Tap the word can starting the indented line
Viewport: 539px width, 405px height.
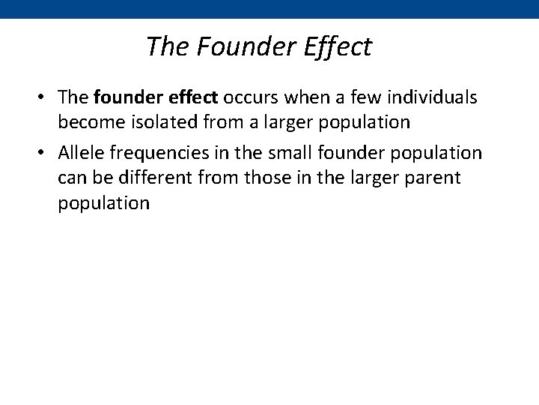coord(73,178)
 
